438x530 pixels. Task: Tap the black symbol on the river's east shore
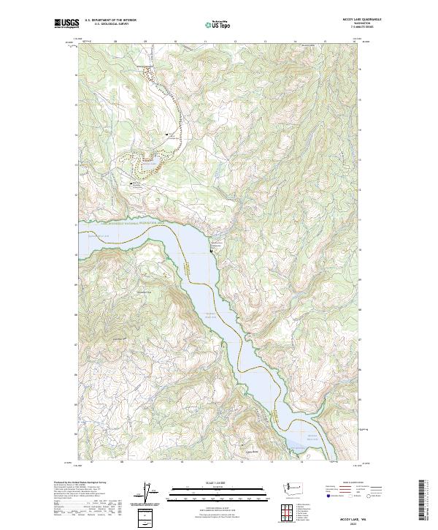click(x=212, y=251)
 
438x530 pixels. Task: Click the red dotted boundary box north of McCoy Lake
click(x=149, y=73)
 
